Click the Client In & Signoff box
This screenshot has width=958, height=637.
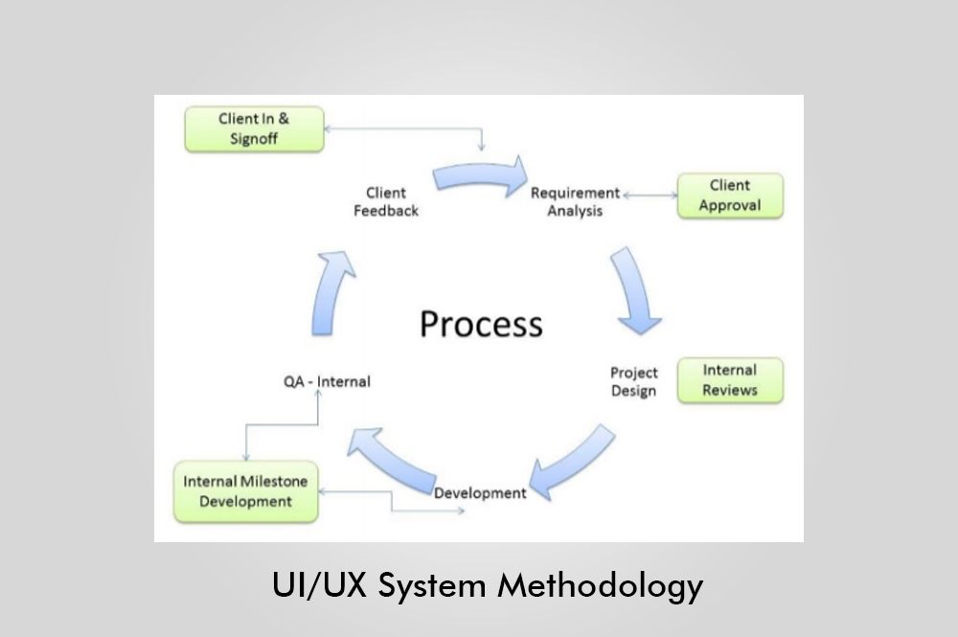click(x=254, y=128)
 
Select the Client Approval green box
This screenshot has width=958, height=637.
click(x=730, y=195)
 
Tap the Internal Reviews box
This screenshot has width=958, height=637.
click(x=730, y=380)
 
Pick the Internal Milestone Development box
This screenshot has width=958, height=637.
click(x=245, y=491)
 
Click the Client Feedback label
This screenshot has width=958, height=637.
click(x=386, y=202)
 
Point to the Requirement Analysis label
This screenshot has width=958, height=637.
click(x=575, y=202)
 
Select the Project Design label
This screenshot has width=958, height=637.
click(x=634, y=381)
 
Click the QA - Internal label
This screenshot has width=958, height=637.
click(x=326, y=381)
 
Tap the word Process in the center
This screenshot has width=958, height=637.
click(x=481, y=324)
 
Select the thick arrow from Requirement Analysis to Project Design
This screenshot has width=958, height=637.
click(x=635, y=290)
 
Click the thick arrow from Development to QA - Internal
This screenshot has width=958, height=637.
click(x=394, y=459)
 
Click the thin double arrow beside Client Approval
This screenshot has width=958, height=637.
click(x=650, y=195)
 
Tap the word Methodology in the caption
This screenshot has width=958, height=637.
click(x=600, y=586)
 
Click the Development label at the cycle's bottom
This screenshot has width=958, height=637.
click(x=480, y=493)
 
